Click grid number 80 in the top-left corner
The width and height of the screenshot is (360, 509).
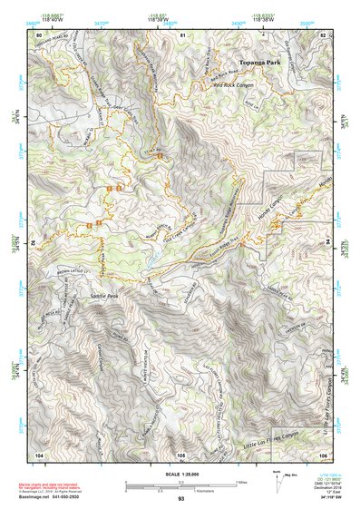(38, 34)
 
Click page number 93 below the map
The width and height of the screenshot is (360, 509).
(180, 499)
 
